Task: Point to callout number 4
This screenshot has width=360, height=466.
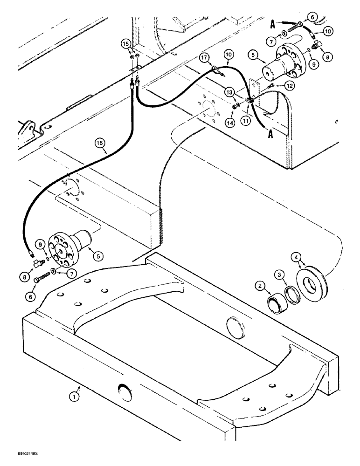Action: [x=296, y=256]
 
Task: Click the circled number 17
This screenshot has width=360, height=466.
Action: [x=204, y=58]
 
